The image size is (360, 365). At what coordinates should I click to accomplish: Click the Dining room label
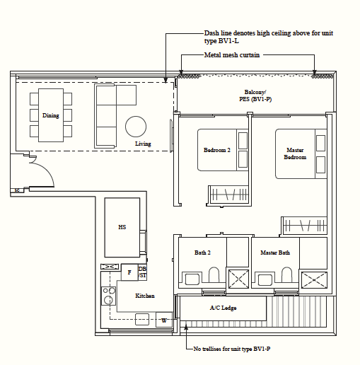click(x=51, y=115)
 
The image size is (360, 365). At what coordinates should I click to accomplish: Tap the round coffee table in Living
click(x=136, y=127)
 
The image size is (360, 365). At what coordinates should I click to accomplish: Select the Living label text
click(x=143, y=144)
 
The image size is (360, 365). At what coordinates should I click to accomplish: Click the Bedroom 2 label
click(x=217, y=150)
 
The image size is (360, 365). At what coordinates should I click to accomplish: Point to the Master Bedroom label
click(x=295, y=153)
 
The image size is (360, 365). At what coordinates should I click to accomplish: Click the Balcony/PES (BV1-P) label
click(x=255, y=95)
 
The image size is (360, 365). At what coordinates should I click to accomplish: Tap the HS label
click(x=122, y=227)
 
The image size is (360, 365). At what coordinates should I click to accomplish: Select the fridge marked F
click(x=129, y=272)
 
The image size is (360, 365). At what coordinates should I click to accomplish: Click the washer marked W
click(x=164, y=320)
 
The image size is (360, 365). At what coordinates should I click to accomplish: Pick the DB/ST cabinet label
click(x=142, y=272)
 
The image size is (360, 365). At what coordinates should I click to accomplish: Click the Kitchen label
click(x=145, y=296)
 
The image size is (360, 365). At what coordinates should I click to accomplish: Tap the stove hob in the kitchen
click(x=108, y=296)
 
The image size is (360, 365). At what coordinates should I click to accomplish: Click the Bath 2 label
click(x=202, y=253)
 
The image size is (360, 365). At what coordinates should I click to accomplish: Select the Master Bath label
click(x=275, y=253)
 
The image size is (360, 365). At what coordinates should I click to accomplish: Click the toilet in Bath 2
click(x=214, y=274)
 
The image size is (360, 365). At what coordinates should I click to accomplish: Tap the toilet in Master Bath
click(x=286, y=274)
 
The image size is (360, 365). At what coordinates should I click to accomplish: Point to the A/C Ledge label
click(x=223, y=308)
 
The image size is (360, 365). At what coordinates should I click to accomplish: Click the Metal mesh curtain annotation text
click(x=232, y=55)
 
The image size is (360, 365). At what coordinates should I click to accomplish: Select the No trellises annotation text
click(x=232, y=349)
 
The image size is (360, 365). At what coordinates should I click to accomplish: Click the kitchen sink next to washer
click(x=142, y=320)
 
